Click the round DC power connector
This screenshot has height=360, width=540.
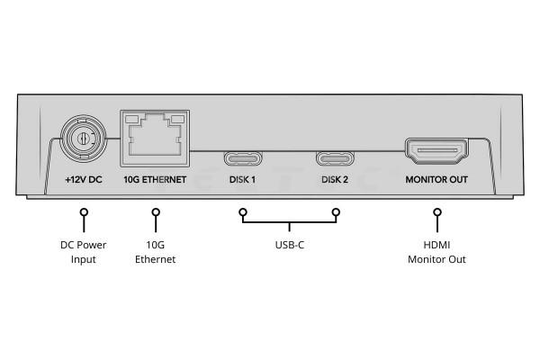click(x=83, y=139)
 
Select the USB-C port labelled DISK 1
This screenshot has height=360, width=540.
click(x=242, y=159)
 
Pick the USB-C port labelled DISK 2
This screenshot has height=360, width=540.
click(x=335, y=159)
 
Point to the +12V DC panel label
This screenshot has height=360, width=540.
click(x=84, y=180)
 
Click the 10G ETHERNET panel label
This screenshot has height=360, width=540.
click(x=155, y=180)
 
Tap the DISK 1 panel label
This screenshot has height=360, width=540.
click(x=242, y=180)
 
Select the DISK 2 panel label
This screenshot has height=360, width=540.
click(x=335, y=180)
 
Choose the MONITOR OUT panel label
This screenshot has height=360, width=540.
click(x=437, y=180)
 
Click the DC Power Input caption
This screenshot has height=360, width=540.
click(x=83, y=252)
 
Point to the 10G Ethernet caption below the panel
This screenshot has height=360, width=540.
click(x=155, y=252)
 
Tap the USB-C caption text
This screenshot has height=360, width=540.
click(x=289, y=245)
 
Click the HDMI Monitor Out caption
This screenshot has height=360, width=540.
click(x=437, y=252)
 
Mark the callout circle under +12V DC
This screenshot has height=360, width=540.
click(x=84, y=213)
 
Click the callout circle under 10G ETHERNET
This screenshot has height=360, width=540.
click(x=156, y=213)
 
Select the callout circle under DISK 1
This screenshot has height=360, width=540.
click(x=242, y=213)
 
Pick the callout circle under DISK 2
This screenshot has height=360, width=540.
click(x=336, y=213)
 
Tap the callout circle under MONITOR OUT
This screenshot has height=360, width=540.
click(x=437, y=213)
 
